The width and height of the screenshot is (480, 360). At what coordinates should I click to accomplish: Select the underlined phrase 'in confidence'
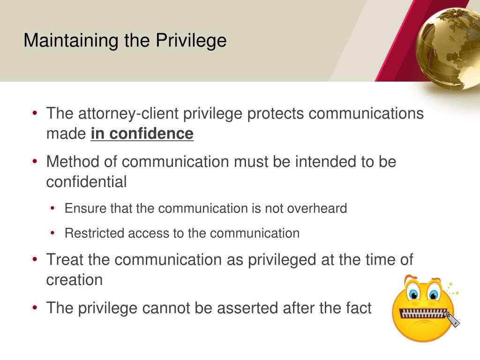pos(142,134)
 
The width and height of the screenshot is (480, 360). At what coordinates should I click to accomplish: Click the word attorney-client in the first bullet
pos(127,113)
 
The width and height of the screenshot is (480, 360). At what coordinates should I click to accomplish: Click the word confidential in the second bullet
pos(86,182)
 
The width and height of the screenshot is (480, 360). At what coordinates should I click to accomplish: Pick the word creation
pos(74,280)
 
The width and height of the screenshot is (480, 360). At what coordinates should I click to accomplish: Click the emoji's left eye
pos(413,294)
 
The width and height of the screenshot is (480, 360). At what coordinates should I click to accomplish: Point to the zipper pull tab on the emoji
pos(453,320)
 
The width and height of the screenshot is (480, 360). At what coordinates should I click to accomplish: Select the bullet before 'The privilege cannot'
pos(35,308)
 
